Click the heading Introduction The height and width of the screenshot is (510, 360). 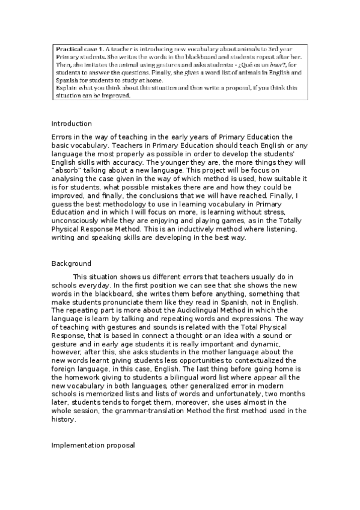point(72,123)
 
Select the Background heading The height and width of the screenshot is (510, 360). point(72,263)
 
